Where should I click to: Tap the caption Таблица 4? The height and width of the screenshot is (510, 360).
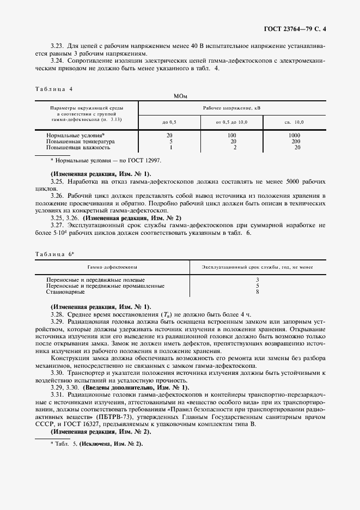53,88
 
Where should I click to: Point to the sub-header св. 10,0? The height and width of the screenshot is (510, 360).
295,123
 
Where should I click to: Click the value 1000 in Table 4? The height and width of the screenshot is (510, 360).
295,135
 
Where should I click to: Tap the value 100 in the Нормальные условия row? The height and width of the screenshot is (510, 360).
231,135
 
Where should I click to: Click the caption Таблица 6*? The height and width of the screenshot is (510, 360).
54,253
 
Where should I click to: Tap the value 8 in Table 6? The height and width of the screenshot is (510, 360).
257,292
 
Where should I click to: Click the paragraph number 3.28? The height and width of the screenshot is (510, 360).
58,315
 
